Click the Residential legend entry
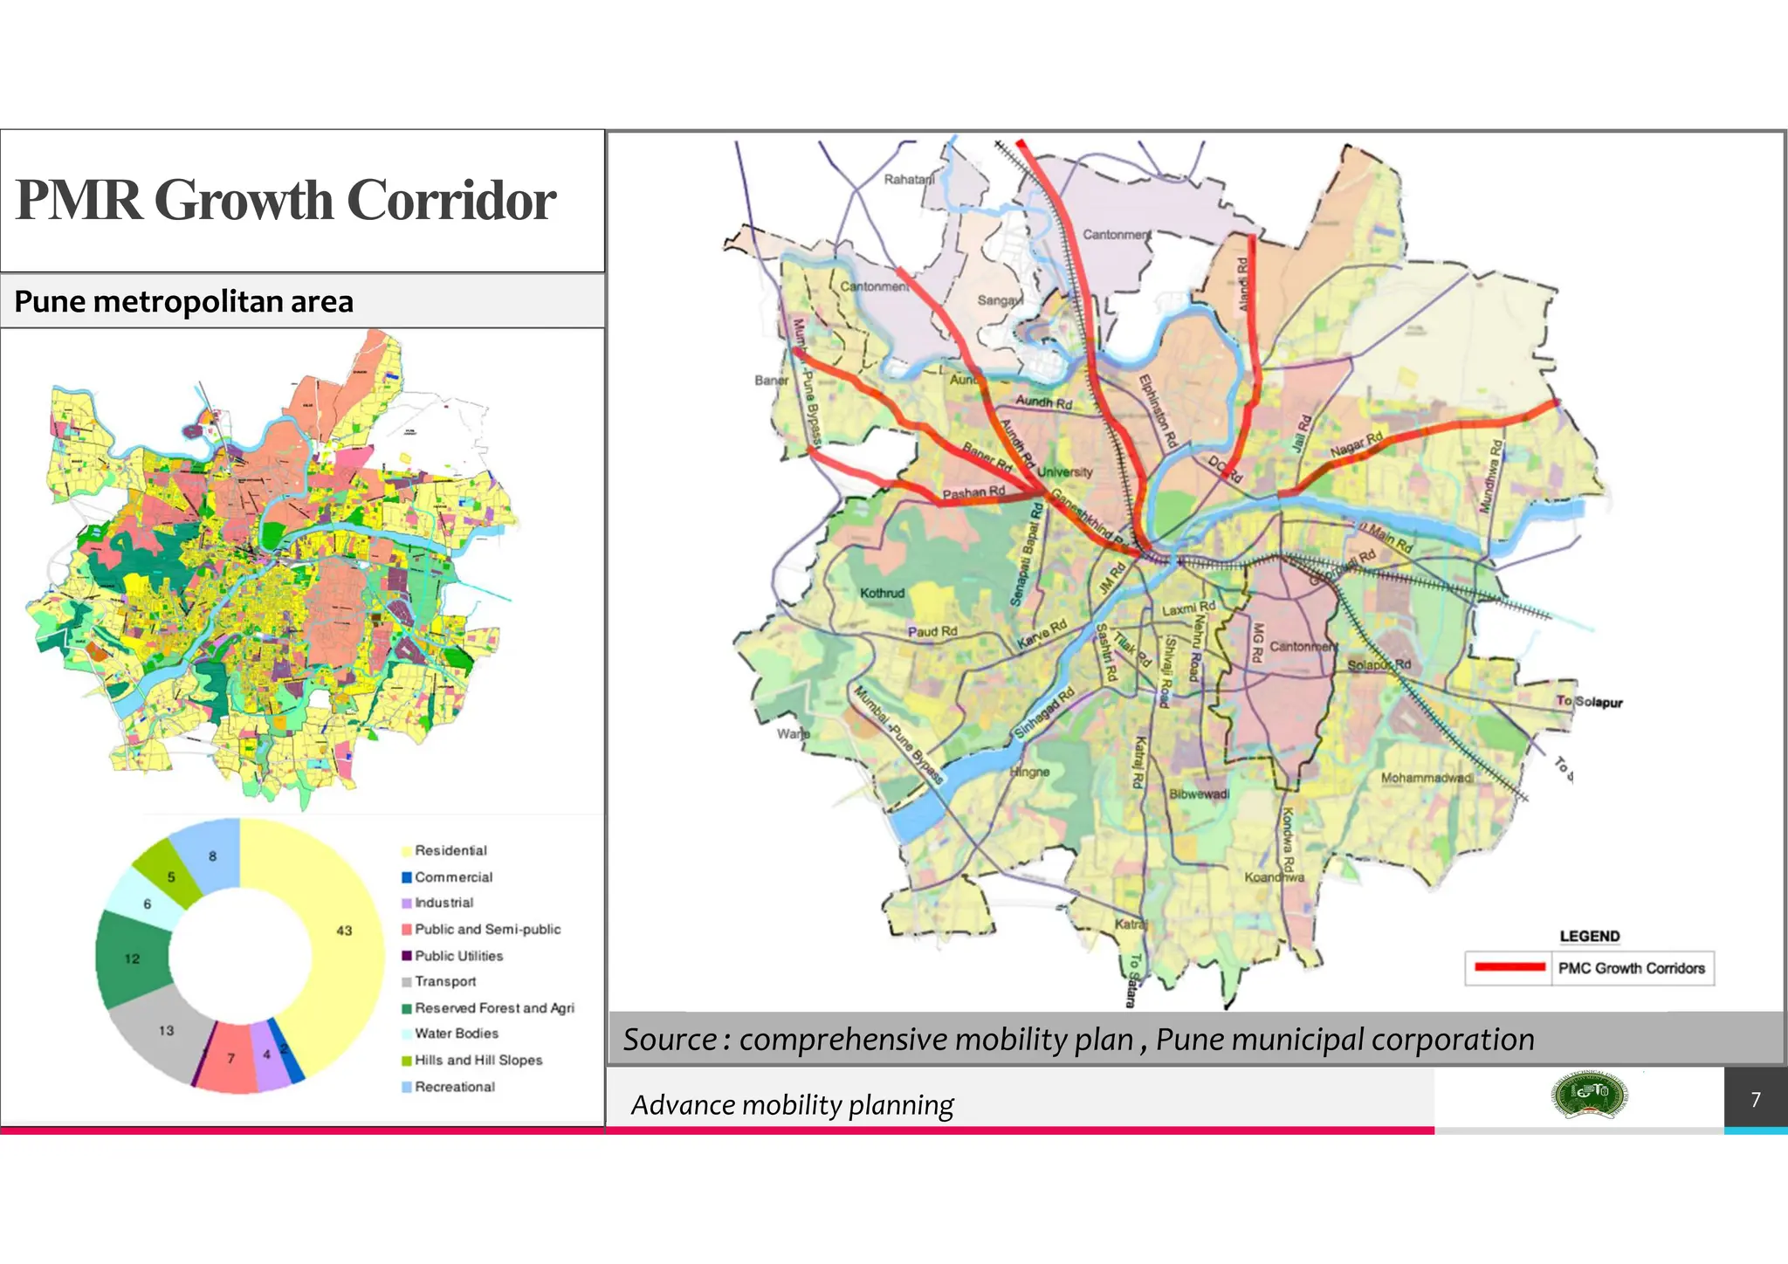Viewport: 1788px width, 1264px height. point(450,850)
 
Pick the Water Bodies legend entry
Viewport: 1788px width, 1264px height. point(456,1034)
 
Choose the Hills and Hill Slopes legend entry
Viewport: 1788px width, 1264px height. point(478,1060)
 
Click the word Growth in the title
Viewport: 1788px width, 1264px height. point(244,201)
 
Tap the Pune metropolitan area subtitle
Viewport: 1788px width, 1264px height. point(183,302)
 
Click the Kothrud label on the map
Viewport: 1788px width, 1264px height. point(882,593)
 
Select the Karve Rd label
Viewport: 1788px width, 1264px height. point(1042,635)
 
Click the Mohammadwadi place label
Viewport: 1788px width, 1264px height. point(1426,778)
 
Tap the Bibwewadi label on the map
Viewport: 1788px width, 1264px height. point(1199,794)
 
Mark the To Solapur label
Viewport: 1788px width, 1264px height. point(1589,702)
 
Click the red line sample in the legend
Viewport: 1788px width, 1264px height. point(1509,967)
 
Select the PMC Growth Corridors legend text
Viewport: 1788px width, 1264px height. point(1631,968)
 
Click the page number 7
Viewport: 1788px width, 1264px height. point(1756,1099)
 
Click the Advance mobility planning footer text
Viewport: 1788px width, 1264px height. point(792,1105)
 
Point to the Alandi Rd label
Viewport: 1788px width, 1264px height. point(1243,284)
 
